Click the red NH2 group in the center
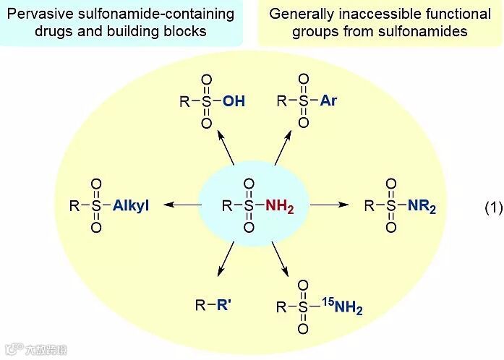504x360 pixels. click(x=280, y=206)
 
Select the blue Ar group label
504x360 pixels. click(x=328, y=100)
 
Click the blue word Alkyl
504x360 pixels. click(x=131, y=206)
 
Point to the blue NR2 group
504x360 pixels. click(x=422, y=206)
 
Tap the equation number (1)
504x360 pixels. click(x=492, y=207)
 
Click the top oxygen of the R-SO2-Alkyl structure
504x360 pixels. click(x=96, y=184)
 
